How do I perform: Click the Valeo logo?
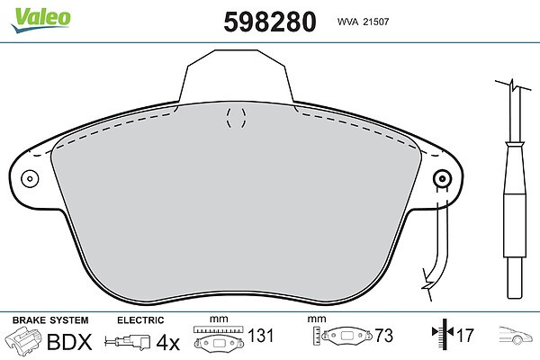pos(40,20)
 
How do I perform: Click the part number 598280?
pos(270,22)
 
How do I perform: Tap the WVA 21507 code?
pos(363,22)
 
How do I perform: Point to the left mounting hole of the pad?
pos(30,179)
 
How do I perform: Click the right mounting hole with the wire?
pos(442,178)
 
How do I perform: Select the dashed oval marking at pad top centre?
pos(236,118)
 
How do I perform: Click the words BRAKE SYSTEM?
pos(50,320)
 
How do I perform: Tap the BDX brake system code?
pos(69,341)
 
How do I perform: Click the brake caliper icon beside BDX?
pos(23,339)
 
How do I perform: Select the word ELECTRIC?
pos(140,320)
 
